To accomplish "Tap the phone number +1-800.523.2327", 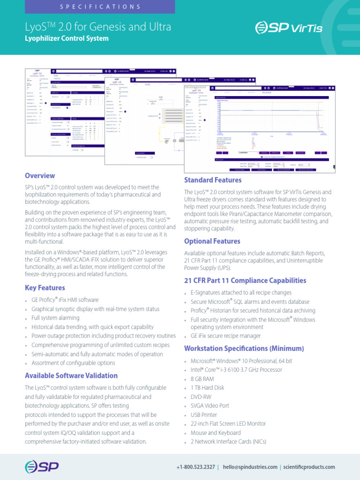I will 196,467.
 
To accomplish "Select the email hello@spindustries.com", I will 250,467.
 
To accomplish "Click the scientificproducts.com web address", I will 309,467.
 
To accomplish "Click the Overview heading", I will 40,176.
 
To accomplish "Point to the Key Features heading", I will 45,288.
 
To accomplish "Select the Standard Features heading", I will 213,180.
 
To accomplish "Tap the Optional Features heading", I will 212,241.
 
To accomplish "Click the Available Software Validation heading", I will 71,375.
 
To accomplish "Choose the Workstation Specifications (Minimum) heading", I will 244,349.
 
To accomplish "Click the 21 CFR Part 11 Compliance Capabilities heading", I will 245,280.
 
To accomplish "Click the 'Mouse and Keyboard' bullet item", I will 216,433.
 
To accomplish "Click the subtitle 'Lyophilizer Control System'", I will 67,38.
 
